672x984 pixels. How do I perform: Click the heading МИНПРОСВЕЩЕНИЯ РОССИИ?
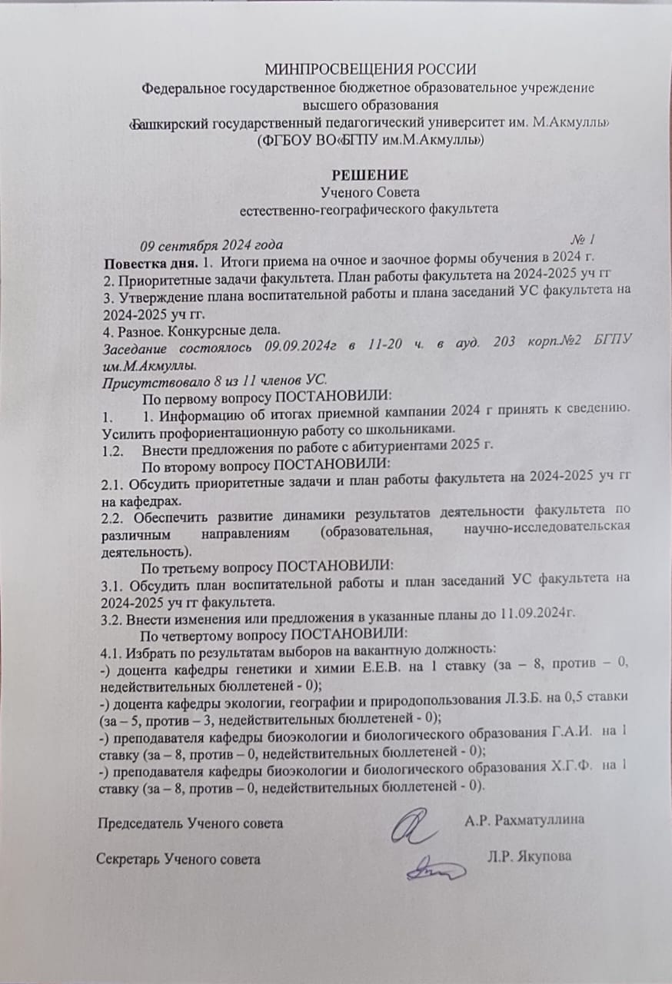click(x=371, y=71)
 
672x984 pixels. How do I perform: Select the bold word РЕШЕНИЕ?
click(x=370, y=174)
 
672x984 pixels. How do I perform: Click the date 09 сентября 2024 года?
click(x=210, y=246)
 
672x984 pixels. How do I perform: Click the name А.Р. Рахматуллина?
click(x=524, y=819)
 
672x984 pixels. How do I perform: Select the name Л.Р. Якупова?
click(x=529, y=856)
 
